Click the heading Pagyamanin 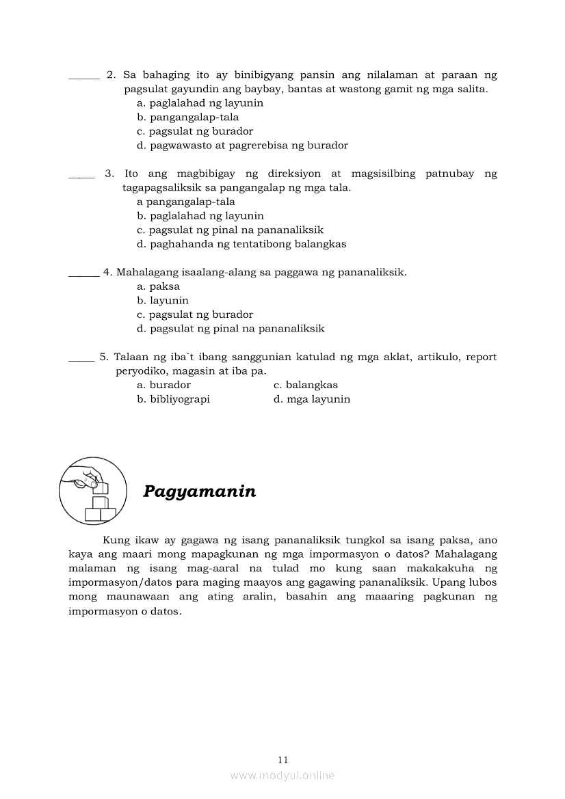tap(200, 491)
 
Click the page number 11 tap(283, 759)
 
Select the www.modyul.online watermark tap(282, 775)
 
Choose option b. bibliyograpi tap(173, 399)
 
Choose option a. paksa tap(158, 286)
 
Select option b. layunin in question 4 tap(163, 300)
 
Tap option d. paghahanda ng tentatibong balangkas tap(241, 243)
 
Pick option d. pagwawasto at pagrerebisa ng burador tap(242, 145)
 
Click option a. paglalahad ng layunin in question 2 tap(200, 103)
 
